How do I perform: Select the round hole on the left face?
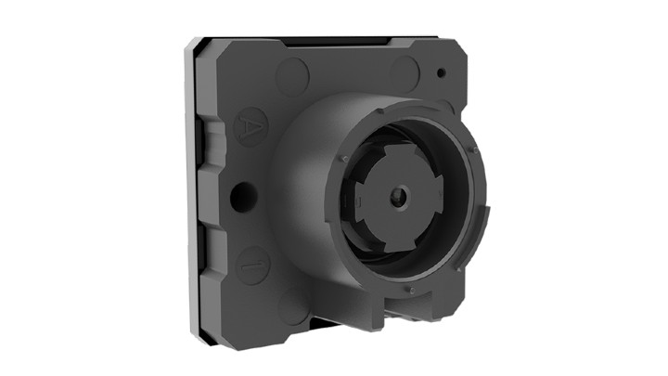(x=244, y=195)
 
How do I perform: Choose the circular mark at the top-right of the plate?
(x=405, y=71)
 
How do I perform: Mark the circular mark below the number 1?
(x=295, y=308)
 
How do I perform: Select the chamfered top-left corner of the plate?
(x=198, y=46)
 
